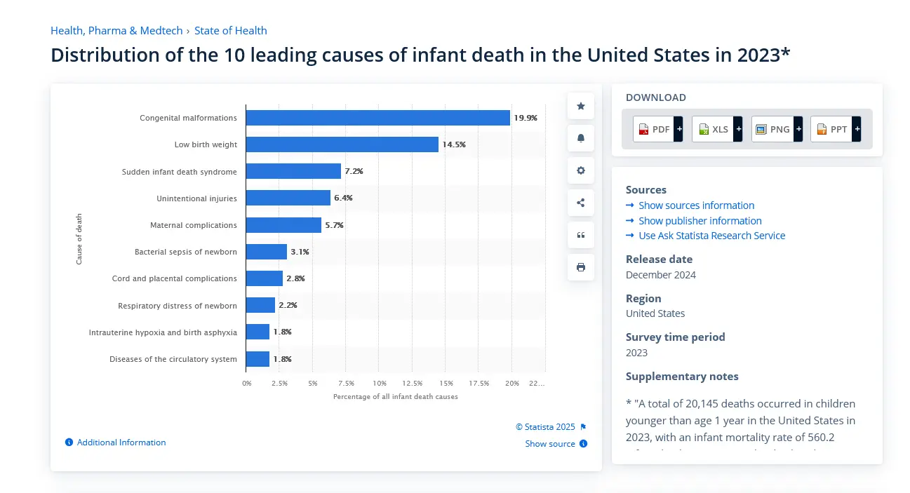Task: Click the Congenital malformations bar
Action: (377, 118)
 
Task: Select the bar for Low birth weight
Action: (342, 144)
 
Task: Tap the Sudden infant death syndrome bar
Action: (293, 171)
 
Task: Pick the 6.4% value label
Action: (343, 198)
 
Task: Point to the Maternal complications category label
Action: (193, 225)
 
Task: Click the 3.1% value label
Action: (300, 252)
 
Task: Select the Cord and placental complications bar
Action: (264, 278)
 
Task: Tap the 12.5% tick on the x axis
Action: (412, 384)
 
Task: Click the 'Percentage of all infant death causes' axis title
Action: (395, 397)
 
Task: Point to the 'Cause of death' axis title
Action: (79, 238)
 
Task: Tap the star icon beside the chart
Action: (580, 106)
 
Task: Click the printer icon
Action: (580, 267)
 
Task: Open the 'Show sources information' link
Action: (696, 205)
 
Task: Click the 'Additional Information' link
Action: (121, 443)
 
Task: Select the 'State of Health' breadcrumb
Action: (230, 31)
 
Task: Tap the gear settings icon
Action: (580, 170)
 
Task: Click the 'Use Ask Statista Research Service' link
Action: (711, 236)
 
